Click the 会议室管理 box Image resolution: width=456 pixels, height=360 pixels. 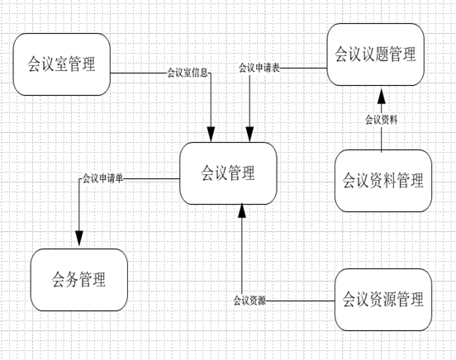(62, 64)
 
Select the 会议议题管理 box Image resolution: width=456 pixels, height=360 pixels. (375, 54)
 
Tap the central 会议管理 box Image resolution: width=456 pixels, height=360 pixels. (228, 173)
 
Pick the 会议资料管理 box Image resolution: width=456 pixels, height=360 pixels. (383, 181)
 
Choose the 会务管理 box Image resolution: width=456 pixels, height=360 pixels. (79, 280)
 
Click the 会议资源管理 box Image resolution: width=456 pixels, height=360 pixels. (383, 300)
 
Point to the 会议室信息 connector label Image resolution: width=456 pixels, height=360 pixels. (188, 73)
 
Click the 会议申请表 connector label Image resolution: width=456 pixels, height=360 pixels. (259, 68)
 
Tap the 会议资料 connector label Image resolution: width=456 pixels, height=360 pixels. (381, 120)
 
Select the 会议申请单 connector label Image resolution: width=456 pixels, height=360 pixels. (103, 178)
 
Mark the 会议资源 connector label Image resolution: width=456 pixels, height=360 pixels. (249, 301)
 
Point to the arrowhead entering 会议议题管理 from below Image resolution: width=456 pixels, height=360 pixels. (382, 95)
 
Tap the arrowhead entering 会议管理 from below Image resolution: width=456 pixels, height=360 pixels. (242, 211)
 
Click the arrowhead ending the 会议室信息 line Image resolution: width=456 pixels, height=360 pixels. (211, 135)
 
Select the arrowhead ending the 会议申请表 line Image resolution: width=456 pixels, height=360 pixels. (249, 135)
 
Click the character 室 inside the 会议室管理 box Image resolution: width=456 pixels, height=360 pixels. (61, 64)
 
